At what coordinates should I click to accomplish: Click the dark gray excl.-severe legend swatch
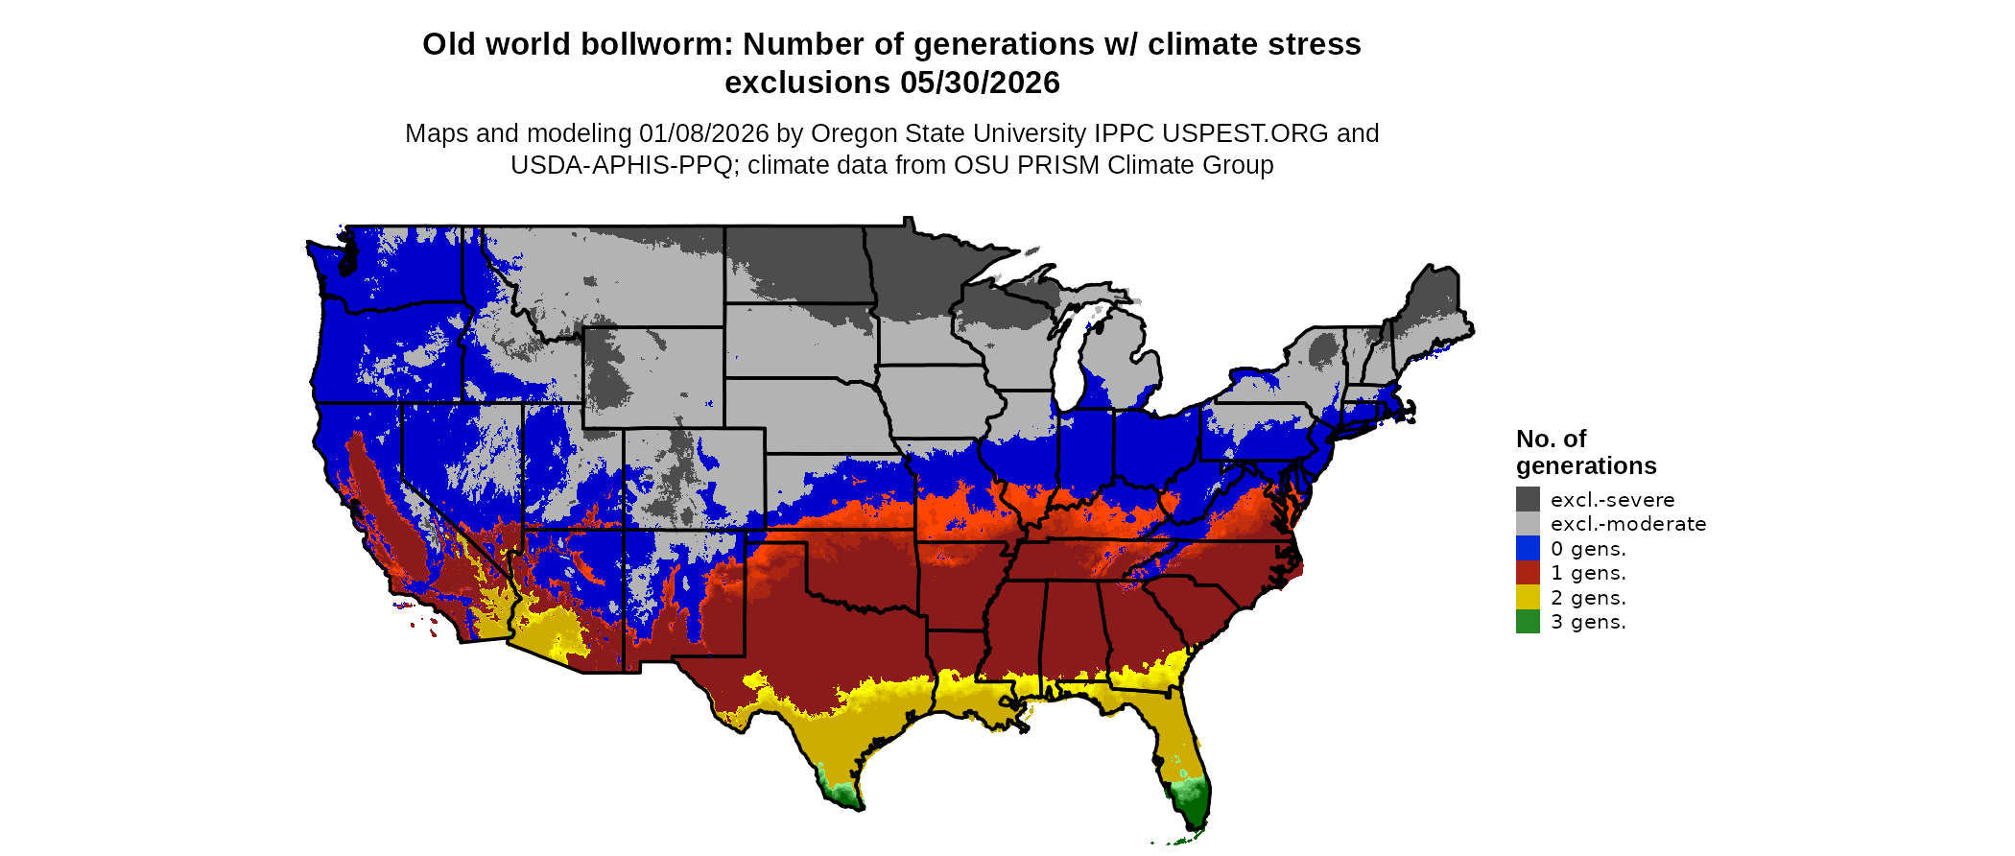pyautogui.click(x=1528, y=499)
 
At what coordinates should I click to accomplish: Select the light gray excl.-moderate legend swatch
pyautogui.click(x=1528, y=524)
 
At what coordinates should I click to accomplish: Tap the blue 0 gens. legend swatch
pyautogui.click(x=1528, y=548)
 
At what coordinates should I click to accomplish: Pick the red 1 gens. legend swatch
pyautogui.click(x=1528, y=573)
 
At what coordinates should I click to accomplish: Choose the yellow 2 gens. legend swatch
pyautogui.click(x=1528, y=597)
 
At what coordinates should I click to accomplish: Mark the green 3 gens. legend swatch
pyautogui.click(x=1528, y=622)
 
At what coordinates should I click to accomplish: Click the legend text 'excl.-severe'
pyautogui.click(x=1612, y=500)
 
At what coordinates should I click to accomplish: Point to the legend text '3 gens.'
pyautogui.click(x=1588, y=622)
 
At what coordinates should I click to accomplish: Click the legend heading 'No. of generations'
pyautogui.click(x=1585, y=452)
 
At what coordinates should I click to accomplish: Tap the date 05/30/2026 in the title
pyautogui.click(x=980, y=83)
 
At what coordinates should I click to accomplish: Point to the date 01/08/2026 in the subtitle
pyautogui.click(x=703, y=133)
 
